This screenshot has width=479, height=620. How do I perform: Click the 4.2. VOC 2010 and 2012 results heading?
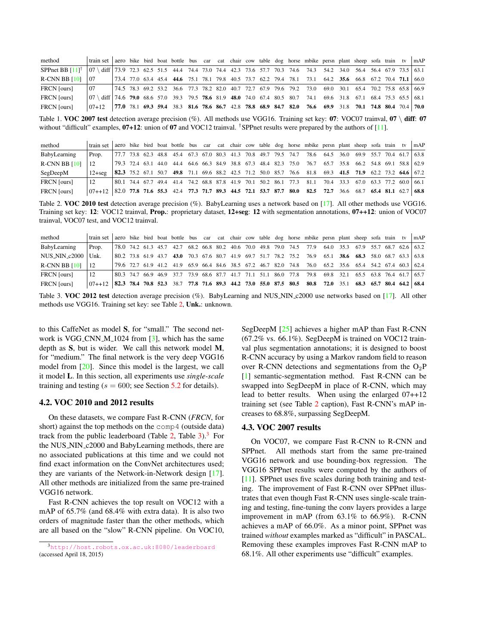pos(96,403)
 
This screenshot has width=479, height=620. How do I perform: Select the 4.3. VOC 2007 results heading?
pos(281,428)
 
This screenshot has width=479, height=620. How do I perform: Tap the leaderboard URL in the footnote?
pos(133,547)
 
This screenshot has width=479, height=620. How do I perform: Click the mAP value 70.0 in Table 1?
pos(419,107)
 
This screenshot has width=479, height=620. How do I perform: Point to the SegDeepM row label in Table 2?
pos(54,173)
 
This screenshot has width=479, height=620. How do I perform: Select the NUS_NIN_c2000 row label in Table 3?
pos(62,256)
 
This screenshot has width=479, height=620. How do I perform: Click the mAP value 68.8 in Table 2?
pos(419,191)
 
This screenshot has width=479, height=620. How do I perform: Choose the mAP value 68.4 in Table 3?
pos(419,284)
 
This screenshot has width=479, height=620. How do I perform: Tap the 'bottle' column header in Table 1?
pos(177,61)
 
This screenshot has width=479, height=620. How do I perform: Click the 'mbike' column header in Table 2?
pos(311,146)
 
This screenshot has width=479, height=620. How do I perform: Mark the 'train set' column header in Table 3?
pos(99,238)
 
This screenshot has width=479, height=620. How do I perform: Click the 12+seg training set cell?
pos(98,173)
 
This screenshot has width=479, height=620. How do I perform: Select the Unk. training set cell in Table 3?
pos(95,256)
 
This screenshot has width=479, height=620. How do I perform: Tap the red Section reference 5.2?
pos(176,385)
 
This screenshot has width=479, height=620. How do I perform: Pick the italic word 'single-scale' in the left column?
pos(205,376)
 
